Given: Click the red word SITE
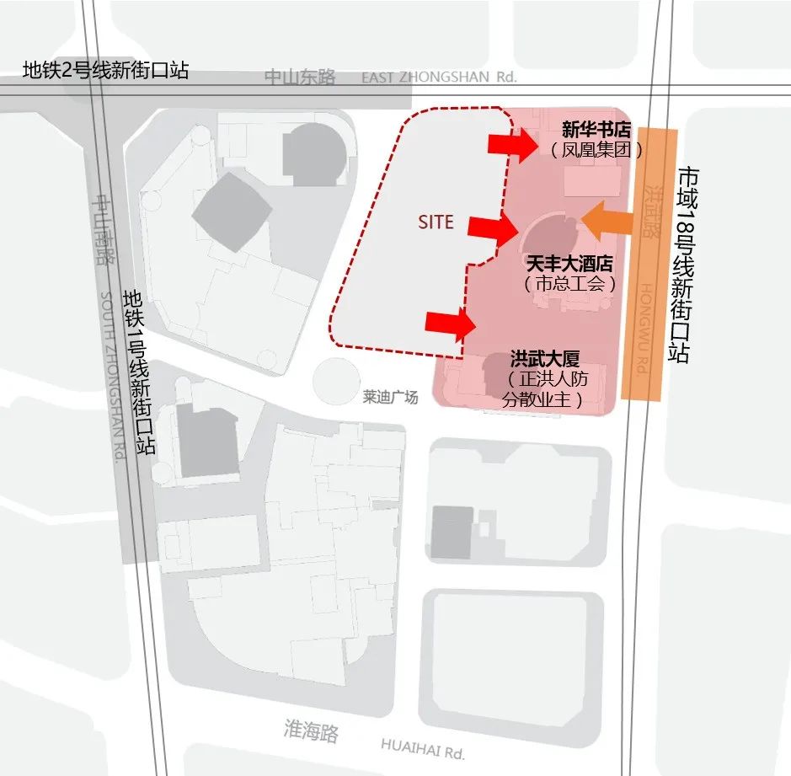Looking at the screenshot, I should [436, 222].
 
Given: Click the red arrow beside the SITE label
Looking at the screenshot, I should [493, 227].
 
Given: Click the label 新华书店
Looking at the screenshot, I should [596, 130].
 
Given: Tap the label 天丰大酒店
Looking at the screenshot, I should [570, 265].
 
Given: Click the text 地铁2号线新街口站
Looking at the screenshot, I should [105, 71].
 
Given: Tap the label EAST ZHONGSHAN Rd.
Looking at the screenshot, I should [438, 78].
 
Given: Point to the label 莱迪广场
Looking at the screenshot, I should [390, 397].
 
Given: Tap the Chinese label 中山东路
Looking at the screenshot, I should [300, 78].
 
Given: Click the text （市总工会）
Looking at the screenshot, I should [570, 285].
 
